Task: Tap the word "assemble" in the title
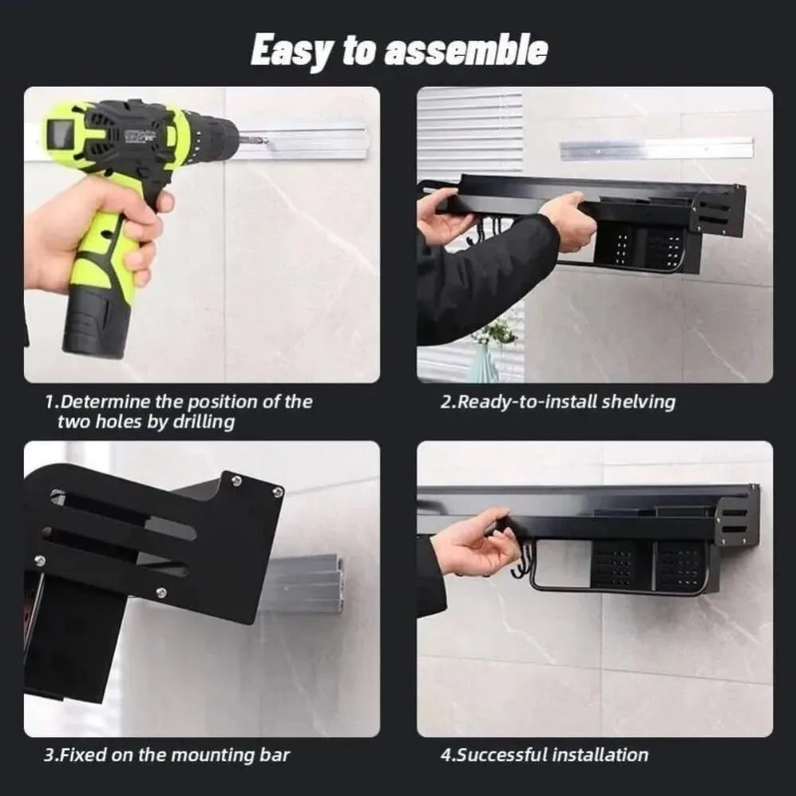(466, 51)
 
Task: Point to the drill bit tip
(266, 143)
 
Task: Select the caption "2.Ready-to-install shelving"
(557, 402)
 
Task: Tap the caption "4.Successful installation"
(544, 754)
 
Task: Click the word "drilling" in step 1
(199, 423)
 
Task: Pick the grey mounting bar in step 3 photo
(306, 585)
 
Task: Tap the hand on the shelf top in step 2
(569, 219)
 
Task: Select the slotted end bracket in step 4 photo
(736, 521)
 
